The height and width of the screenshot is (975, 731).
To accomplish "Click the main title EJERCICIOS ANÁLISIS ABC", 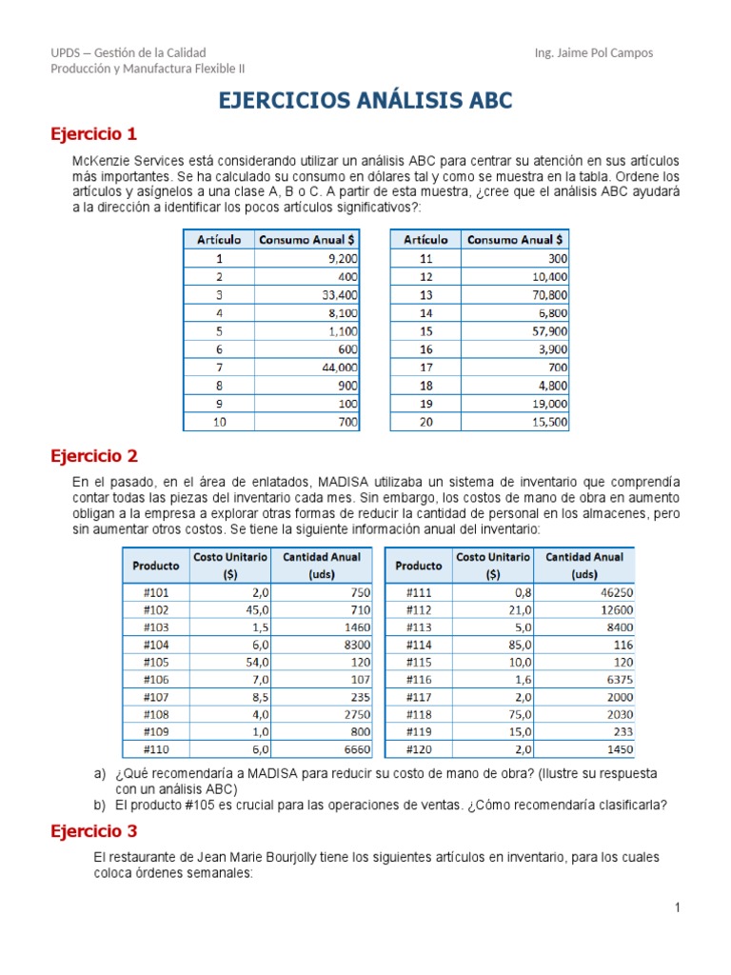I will (x=365, y=101).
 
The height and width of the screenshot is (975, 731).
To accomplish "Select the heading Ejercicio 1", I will (x=93, y=133).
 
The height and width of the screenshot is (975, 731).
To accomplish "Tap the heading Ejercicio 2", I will (x=93, y=456).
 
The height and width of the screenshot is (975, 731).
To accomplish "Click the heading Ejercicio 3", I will (x=93, y=832).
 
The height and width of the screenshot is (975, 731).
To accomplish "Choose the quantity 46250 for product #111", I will (x=612, y=591).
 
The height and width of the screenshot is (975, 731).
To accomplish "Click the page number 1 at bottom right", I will (x=677, y=908).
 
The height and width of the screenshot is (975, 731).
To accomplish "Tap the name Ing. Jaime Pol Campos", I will (x=594, y=53).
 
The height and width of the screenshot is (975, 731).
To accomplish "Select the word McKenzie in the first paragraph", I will (x=102, y=162).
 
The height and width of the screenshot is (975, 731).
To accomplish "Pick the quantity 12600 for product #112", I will (x=612, y=609).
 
